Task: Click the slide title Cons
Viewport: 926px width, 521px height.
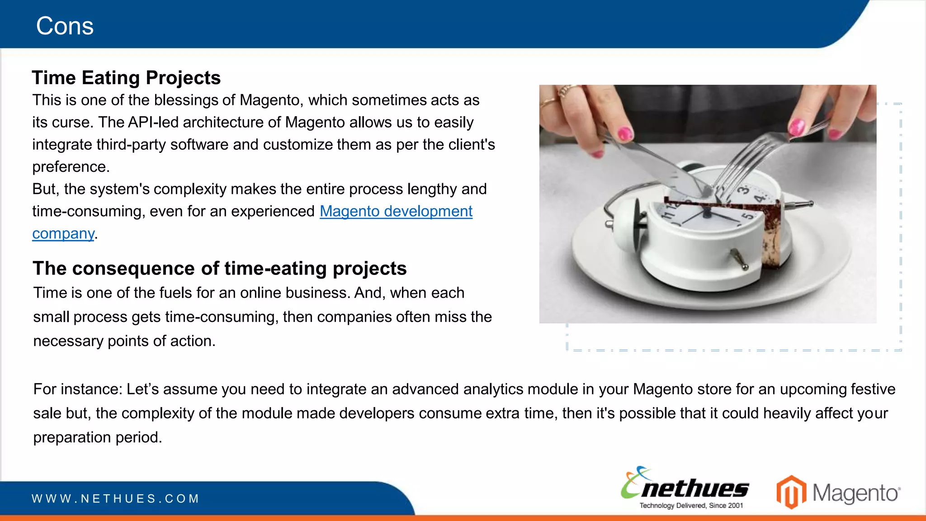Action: click(65, 26)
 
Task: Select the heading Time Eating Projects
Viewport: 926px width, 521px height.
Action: click(126, 78)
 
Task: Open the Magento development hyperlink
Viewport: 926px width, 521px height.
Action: click(396, 211)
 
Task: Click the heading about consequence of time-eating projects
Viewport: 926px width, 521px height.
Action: click(219, 268)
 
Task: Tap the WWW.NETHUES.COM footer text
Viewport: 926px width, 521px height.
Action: click(115, 499)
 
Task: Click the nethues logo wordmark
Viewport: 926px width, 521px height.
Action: click(694, 489)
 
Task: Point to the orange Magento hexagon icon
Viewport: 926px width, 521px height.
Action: click(791, 492)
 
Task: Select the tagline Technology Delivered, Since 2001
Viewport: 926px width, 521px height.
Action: click(691, 506)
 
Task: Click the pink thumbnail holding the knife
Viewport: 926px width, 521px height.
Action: click(625, 133)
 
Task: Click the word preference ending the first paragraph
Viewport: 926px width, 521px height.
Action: click(70, 167)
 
